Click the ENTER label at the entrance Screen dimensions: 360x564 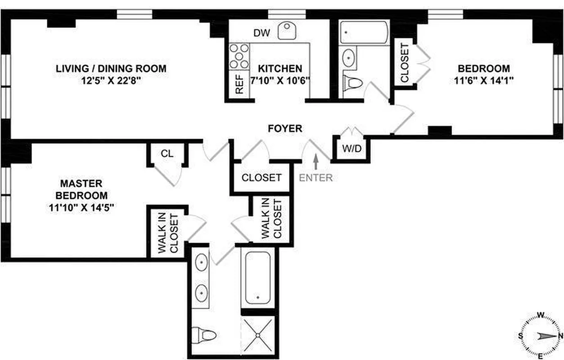coord(316,177)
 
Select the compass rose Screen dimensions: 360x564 coord(541,336)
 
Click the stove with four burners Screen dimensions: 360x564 coord(239,56)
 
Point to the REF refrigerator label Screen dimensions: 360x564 coord(239,84)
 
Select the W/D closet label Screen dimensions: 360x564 coord(351,148)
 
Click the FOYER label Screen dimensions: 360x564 coord(285,129)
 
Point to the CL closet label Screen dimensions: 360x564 coord(167,153)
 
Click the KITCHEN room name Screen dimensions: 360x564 coord(280,69)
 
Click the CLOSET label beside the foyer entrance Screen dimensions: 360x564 coord(262,177)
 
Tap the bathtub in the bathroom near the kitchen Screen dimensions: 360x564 coord(364,32)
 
